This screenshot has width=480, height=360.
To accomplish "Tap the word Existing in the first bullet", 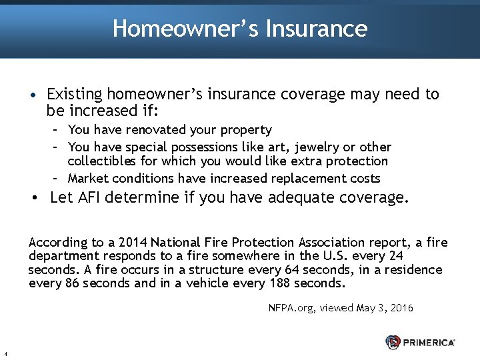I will coord(74,95).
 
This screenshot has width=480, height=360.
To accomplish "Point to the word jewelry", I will coord(307,147).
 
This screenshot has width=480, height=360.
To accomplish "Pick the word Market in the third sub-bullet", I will coord(89,179).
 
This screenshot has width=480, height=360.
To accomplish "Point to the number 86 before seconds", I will coord(72,283).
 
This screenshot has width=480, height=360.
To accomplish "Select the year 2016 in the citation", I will coord(400,308).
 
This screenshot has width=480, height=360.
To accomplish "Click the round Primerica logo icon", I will coord(393,342).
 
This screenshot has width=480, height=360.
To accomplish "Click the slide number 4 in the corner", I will coord(5,354).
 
